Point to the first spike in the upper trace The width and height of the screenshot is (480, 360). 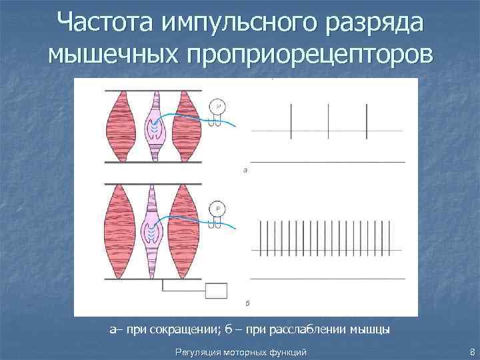[291, 121]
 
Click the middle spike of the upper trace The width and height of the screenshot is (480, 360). [329, 121]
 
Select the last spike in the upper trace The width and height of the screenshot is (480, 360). [367, 121]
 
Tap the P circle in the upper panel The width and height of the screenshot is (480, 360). [217, 107]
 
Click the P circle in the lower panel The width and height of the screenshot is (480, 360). [217, 209]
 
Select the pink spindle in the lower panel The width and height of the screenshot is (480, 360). [155, 230]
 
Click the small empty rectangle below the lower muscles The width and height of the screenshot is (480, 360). [217, 291]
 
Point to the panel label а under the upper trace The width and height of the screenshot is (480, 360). [245, 171]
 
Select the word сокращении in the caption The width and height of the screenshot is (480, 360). [170, 329]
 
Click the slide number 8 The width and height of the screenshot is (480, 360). [472, 351]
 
